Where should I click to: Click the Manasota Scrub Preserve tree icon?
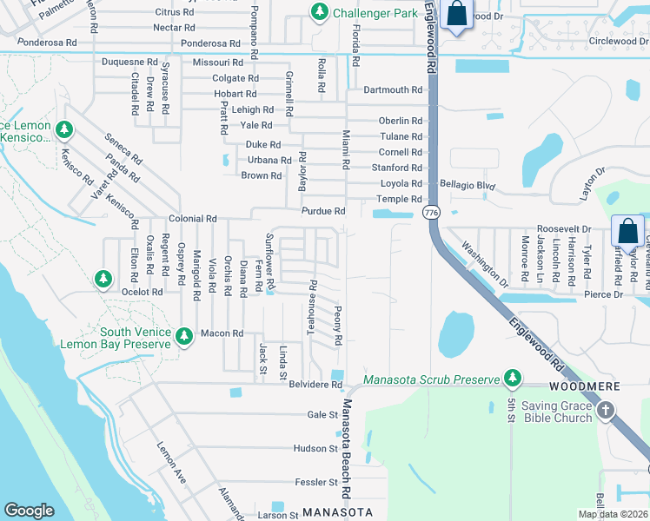[x=513, y=378]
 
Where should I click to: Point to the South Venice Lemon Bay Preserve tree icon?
[x=183, y=336]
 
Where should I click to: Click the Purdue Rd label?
[x=322, y=211]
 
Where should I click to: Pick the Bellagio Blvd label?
[x=467, y=185]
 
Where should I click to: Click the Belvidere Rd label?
[x=316, y=384]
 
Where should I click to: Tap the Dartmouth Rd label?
[x=392, y=89]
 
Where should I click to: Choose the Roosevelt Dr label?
[x=563, y=229]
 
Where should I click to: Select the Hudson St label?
[x=315, y=448]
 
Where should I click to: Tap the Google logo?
[x=29, y=511]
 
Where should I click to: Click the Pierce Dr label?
[x=606, y=295]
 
